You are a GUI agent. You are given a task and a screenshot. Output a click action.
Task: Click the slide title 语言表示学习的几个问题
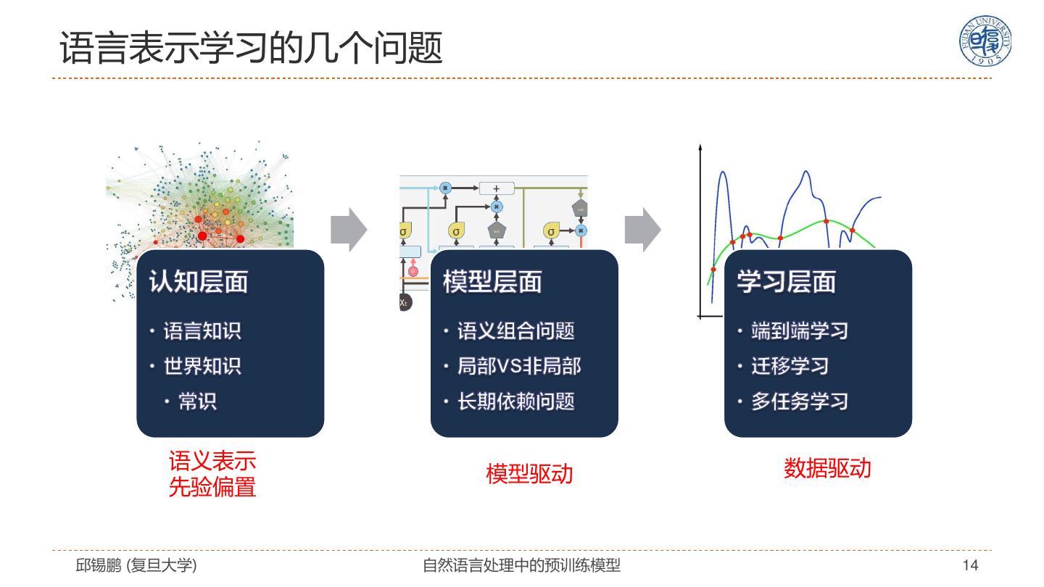click(x=251, y=49)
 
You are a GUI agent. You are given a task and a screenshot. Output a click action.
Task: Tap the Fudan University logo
click(x=985, y=41)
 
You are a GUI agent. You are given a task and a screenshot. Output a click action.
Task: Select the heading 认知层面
click(x=198, y=282)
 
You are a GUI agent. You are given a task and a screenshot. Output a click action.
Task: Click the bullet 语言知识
click(x=202, y=331)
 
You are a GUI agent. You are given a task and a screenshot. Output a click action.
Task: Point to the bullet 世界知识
click(x=202, y=366)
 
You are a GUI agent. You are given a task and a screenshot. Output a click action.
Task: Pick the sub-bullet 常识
click(x=197, y=401)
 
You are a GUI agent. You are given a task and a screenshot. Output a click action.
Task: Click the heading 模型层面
click(x=492, y=282)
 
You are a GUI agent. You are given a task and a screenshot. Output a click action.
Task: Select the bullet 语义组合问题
click(x=515, y=331)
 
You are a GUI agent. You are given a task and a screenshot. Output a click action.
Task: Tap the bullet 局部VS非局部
click(x=518, y=366)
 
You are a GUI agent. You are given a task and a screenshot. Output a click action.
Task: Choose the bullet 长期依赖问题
click(x=515, y=401)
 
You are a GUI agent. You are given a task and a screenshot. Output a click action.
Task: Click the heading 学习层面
click(x=787, y=282)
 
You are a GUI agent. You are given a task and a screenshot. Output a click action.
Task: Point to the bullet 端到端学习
click(x=799, y=331)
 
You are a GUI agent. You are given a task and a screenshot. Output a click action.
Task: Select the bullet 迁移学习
click(x=790, y=366)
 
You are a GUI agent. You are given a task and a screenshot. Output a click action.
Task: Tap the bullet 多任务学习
click(x=799, y=401)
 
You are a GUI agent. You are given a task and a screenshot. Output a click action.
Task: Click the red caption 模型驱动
click(x=529, y=474)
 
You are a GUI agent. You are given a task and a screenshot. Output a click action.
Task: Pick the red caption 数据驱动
click(x=827, y=468)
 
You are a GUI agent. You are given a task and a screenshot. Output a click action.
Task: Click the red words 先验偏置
click(x=212, y=487)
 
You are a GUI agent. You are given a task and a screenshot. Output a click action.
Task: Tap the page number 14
click(x=970, y=565)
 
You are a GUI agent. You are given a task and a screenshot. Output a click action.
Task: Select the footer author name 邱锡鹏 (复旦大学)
click(x=136, y=565)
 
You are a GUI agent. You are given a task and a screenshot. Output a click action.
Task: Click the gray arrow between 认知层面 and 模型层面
click(x=349, y=230)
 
